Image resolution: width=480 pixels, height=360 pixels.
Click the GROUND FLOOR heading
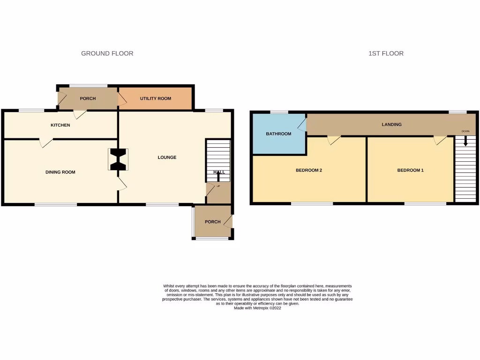107,53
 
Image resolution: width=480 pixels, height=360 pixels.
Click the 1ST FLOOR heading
386,53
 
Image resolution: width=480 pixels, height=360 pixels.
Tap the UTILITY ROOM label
156,98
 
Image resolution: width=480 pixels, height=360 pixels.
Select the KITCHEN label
60,125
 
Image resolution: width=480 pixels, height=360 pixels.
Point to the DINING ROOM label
60,172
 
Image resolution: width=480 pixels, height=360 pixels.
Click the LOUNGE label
167,157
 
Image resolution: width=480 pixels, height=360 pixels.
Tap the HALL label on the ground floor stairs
219,172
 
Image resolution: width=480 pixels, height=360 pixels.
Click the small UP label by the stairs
218,186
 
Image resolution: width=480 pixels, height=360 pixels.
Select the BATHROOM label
278,134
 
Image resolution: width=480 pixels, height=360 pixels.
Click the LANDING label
391,125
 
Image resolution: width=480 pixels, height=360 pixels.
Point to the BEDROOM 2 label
308,170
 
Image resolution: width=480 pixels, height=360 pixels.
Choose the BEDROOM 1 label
410,170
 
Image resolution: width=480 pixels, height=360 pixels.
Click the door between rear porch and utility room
121,98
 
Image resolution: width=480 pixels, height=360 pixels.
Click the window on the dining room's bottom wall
56,204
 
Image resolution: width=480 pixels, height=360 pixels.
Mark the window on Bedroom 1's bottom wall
425,203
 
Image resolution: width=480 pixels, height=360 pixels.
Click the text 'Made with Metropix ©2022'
257,308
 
